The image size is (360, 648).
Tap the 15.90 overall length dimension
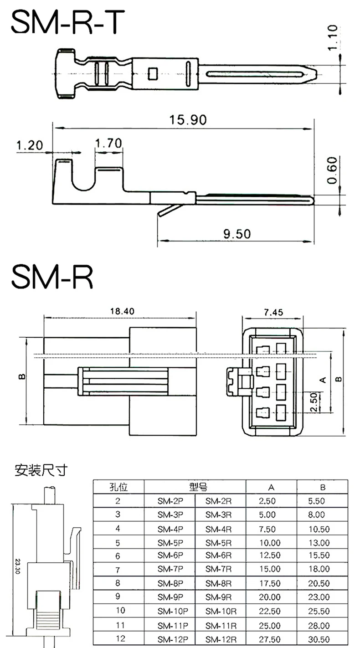click(188, 120)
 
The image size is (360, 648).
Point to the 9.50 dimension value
click(237, 234)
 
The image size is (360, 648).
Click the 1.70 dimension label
click(108, 144)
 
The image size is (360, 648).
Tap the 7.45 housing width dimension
click(273, 312)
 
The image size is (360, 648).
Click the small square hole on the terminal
click(153, 72)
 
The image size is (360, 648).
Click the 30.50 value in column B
click(319, 639)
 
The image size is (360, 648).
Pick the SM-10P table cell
click(170, 611)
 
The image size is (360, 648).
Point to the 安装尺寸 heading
click(41, 469)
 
